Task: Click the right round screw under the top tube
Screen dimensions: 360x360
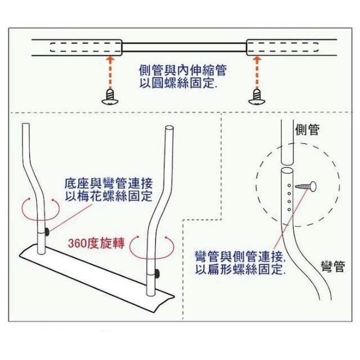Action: (258, 96)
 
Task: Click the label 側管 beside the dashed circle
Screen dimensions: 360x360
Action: (307, 130)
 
